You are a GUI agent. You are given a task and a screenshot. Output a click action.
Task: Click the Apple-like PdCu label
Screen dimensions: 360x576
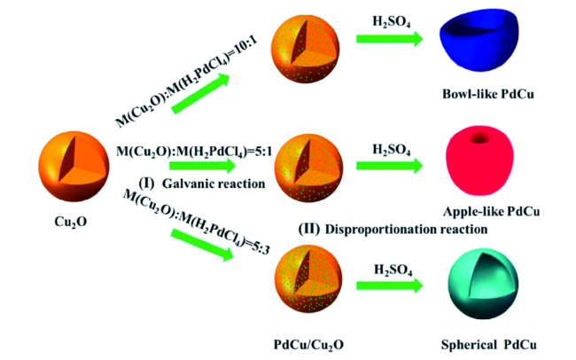[486, 213]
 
